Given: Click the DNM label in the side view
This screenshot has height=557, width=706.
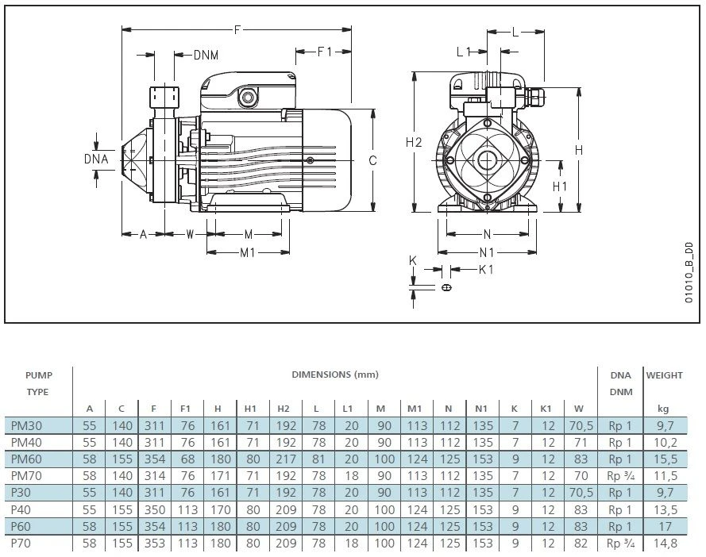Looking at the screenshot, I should (x=206, y=55).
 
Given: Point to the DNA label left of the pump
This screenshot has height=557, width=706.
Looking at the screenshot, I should (x=96, y=159).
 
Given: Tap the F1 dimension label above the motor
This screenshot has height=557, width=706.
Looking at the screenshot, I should (x=324, y=52).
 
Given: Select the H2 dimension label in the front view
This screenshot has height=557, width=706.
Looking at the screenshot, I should (x=414, y=142).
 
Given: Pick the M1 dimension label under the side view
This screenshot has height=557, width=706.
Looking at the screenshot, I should (x=248, y=252).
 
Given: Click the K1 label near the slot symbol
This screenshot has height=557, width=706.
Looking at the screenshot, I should (x=486, y=270).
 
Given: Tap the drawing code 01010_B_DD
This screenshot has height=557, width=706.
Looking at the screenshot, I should (x=689, y=274).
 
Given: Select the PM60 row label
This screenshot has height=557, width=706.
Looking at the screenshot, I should (x=28, y=459).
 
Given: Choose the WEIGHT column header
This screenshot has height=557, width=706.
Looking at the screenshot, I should (x=664, y=374).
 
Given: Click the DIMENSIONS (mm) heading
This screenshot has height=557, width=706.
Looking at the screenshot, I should (x=334, y=374).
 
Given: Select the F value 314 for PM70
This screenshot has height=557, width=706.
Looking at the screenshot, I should (x=153, y=476).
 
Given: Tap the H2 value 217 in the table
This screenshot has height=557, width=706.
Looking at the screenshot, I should (x=284, y=459).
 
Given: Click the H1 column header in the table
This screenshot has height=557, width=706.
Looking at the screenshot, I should (x=250, y=409).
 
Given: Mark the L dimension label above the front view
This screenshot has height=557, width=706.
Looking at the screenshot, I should (x=515, y=32).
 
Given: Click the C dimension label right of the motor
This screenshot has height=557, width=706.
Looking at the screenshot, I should (x=372, y=159).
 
